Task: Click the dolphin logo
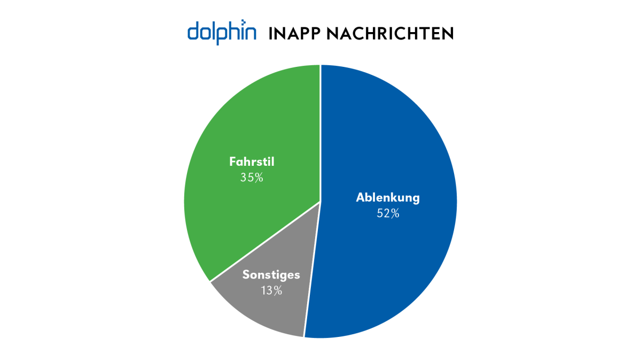click(222, 32)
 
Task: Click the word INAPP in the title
click(294, 33)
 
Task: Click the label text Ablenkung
click(388, 197)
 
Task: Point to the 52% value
click(388, 213)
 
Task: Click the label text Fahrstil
click(252, 161)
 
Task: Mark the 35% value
click(252, 177)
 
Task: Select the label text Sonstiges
click(271, 275)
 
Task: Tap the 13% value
click(271, 290)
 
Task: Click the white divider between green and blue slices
click(320, 134)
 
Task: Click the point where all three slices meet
click(320, 202)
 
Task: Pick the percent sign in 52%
click(395, 213)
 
